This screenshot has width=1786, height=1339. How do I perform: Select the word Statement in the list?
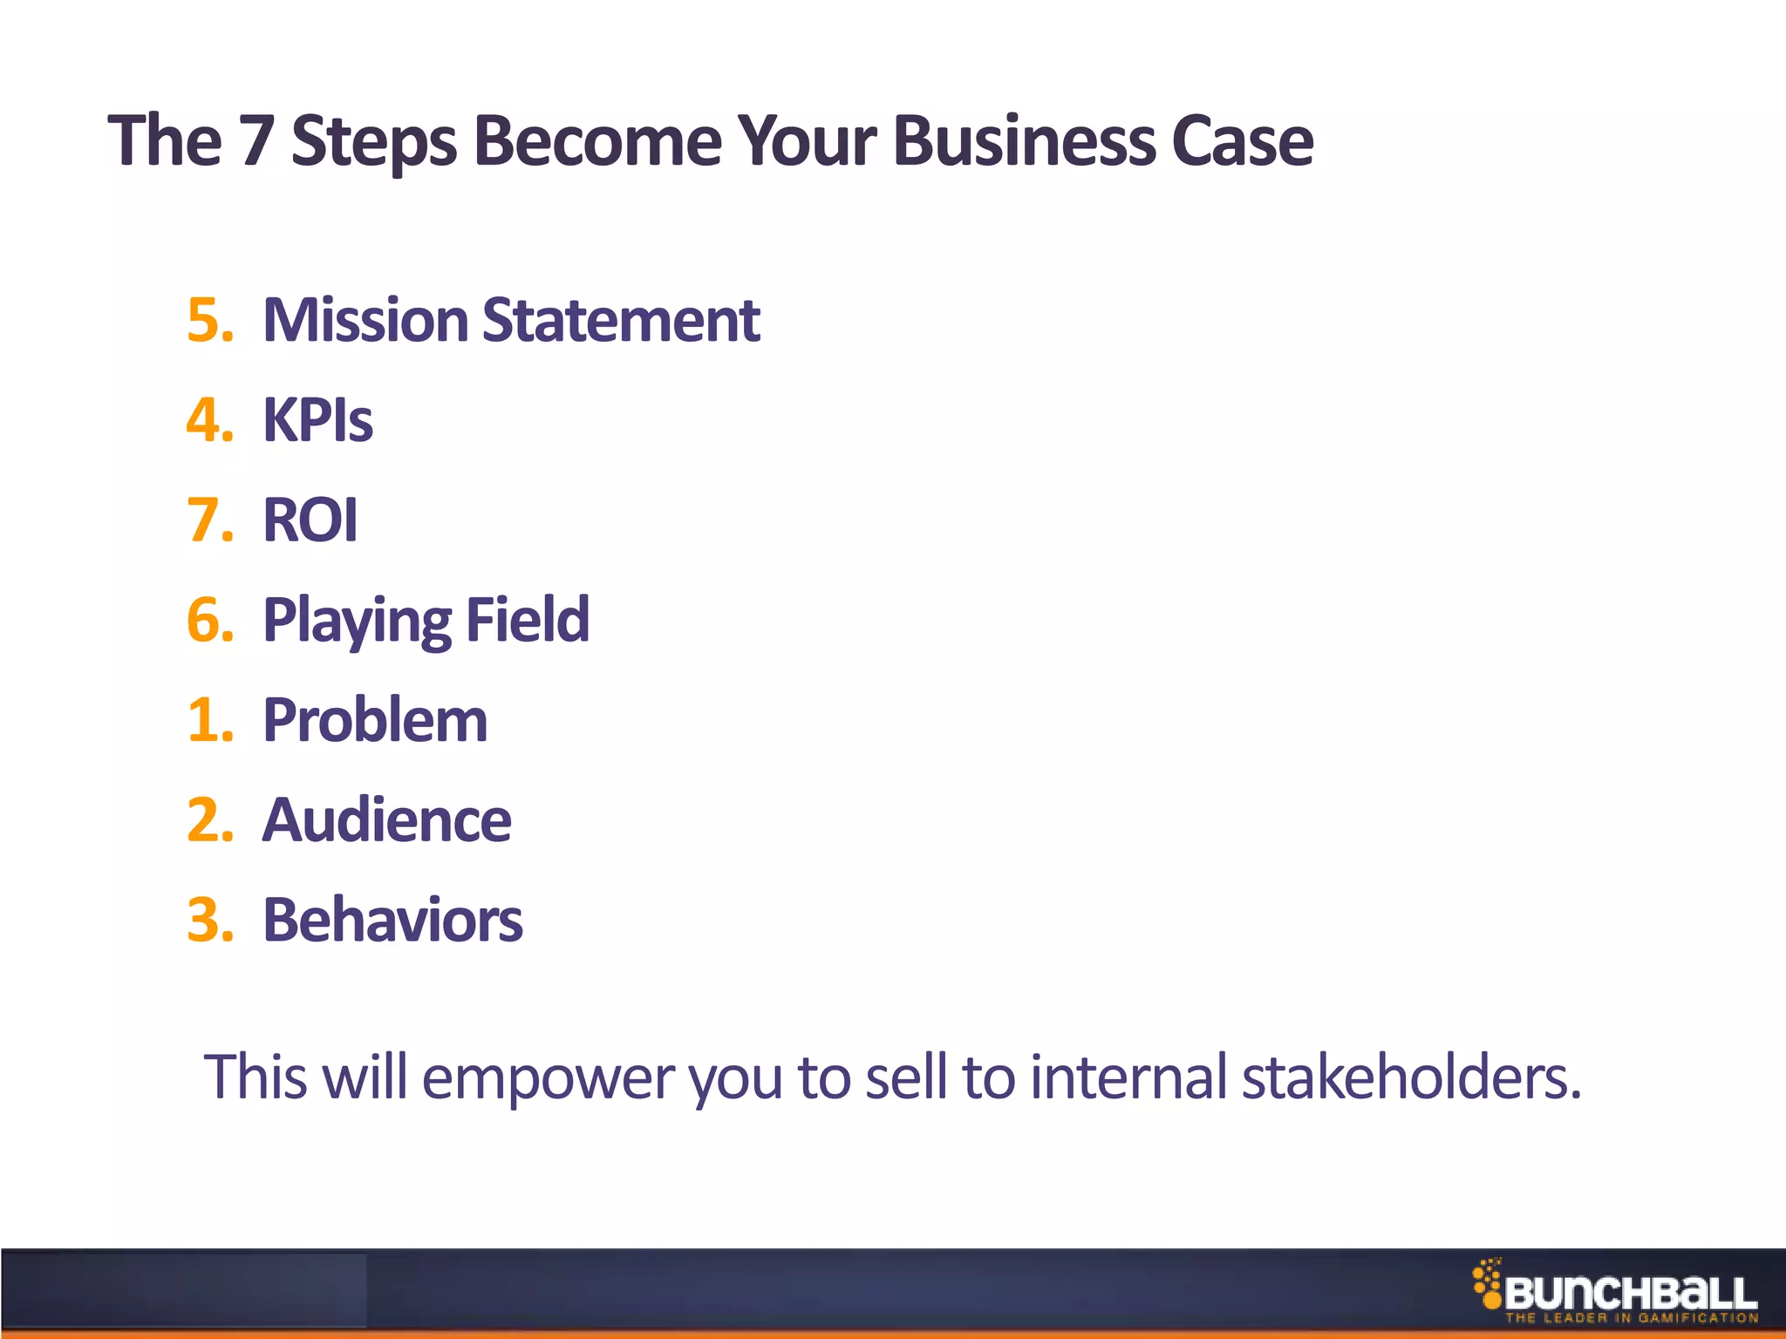click(620, 320)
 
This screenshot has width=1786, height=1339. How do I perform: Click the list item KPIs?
click(317, 420)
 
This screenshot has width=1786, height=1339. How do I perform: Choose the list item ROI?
click(310, 520)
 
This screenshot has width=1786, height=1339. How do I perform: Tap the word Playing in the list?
click(357, 622)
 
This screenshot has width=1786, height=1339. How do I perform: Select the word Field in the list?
click(528, 620)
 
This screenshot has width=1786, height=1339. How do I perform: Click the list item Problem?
click(375, 721)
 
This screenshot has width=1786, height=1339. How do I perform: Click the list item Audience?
click(386, 820)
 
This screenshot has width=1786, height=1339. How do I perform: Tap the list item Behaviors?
click(392, 921)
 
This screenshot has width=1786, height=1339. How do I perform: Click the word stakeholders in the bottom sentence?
click(1411, 1077)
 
